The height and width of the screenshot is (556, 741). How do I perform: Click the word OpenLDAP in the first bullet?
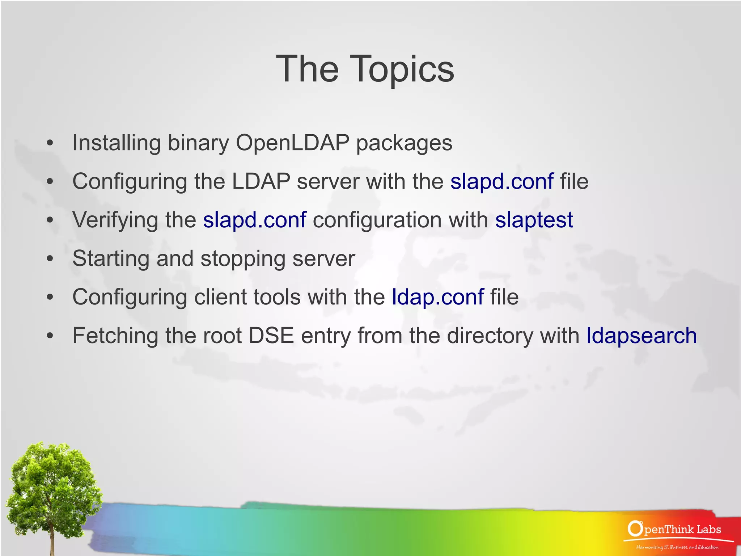[x=292, y=143]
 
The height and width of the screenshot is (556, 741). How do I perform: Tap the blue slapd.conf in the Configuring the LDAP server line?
[x=501, y=181]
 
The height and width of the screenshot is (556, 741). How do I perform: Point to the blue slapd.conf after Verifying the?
[x=254, y=220]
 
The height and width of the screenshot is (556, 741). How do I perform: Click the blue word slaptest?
[x=534, y=220]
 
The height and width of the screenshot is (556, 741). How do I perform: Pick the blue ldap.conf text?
[x=437, y=297]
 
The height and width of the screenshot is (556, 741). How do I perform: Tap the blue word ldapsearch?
[x=641, y=336]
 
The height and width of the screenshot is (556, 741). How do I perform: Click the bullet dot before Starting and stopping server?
[x=50, y=259]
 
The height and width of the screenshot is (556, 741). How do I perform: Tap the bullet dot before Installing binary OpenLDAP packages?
[x=50, y=143]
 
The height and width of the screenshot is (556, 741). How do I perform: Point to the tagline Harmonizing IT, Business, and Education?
[x=677, y=547]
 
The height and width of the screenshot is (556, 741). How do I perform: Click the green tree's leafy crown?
[x=52, y=478]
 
